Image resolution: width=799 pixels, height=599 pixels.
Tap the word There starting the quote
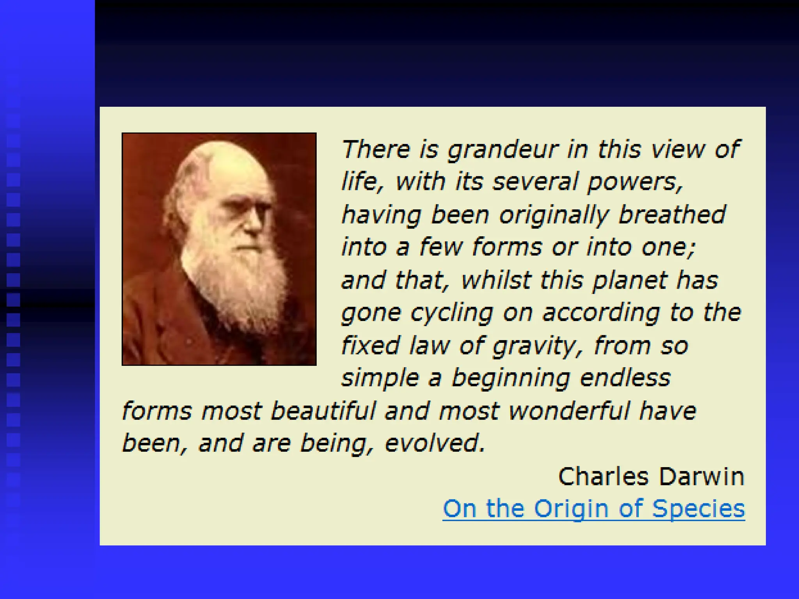pyautogui.click(x=376, y=149)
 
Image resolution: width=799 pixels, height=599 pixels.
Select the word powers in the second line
pyautogui.click(x=634, y=183)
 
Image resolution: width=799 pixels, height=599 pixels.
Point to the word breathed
pyautogui.click(x=672, y=215)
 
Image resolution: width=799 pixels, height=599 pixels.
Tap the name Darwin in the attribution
pyautogui.click(x=701, y=477)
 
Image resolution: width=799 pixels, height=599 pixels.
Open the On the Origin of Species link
pyautogui.click(x=593, y=509)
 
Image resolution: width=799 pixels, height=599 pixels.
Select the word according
pyautogui.click(x=601, y=313)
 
